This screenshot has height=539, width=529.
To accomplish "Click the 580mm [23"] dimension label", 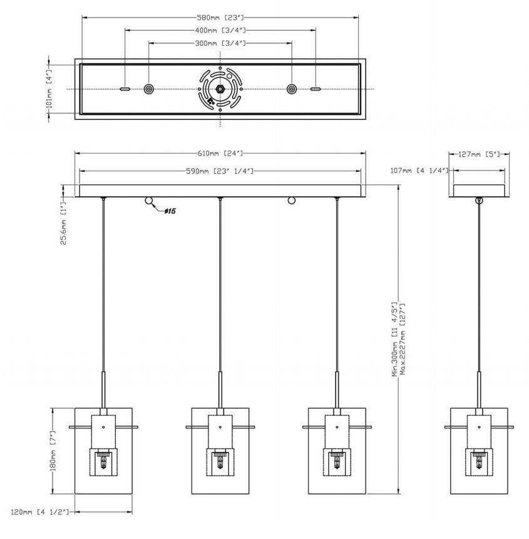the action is pos(220,17).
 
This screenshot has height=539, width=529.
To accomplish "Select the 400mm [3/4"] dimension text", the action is pos(220,30).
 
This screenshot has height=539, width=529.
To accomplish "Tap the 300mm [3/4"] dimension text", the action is pos(220,43).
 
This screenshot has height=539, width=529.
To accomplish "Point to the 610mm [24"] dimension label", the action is pos(220,153).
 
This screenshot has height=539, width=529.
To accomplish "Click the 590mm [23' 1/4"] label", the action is pos(220,171).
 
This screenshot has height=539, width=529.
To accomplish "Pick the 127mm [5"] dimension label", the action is pos(479,154).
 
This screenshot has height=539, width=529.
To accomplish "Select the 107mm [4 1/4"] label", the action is pos(419,170).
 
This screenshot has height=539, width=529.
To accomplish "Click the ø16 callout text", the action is pos(170,211).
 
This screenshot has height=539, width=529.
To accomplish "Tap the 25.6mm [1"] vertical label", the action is pos(63,224).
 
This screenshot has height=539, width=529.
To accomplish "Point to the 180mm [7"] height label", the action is pos(53,451).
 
